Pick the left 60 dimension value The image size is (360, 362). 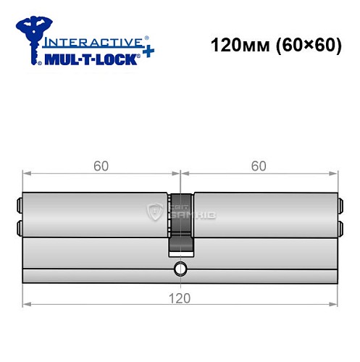click(x=101, y=166)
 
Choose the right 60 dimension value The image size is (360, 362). click(x=259, y=166)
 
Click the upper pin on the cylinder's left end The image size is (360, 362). click(x=19, y=203)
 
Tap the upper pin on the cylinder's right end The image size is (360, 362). click(x=341, y=203)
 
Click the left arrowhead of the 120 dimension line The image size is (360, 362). click(x=27, y=303)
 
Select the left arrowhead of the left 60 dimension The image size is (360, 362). click(x=27, y=174)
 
